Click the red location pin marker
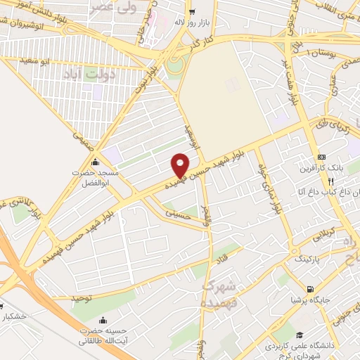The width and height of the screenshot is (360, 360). click(x=181, y=165)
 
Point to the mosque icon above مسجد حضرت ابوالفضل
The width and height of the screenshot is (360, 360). click(x=96, y=163)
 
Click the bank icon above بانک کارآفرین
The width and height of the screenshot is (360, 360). click(x=322, y=156)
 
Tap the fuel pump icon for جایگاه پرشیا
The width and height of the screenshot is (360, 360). click(x=309, y=288)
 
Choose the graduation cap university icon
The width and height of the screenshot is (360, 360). click(x=300, y=335)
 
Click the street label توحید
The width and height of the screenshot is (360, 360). click(x=82, y=298)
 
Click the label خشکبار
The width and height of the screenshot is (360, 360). click(x=14, y=316)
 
